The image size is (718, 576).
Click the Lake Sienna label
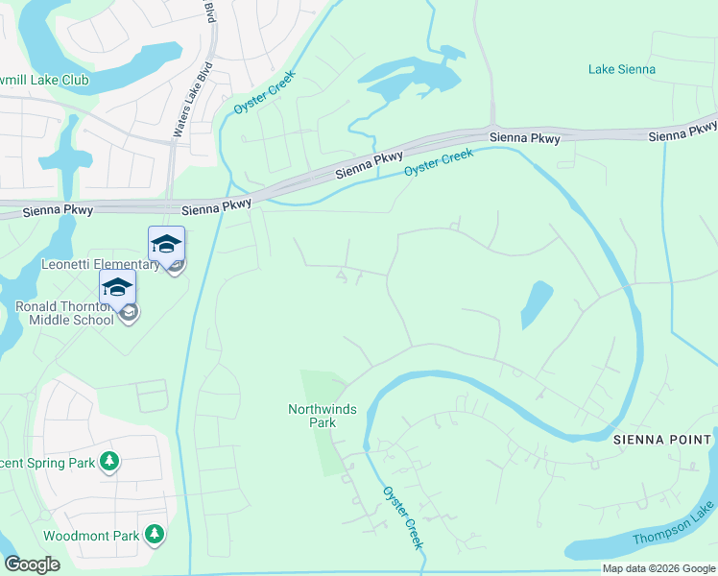pyautogui.click(x=622, y=69)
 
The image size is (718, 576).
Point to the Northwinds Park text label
pyautogui.click(x=323, y=416)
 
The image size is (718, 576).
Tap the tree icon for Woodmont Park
pyautogui.click(x=154, y=535)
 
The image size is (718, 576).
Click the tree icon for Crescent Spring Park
pyautogui.click(x=110, y=463)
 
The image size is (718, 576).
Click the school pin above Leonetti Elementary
pyautogui.click(x=166, y=245)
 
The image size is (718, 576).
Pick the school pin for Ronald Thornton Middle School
pyautogui.click(x=117, y=288)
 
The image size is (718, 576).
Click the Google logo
pyautogui.click(x=32, y=564)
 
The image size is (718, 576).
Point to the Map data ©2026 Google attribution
pyautogui.click(x=658, y=568)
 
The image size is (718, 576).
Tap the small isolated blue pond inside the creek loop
pyautogui.click(x=537, y=305)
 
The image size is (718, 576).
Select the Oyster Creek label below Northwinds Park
pyautogui.click(x=404, y=517)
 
